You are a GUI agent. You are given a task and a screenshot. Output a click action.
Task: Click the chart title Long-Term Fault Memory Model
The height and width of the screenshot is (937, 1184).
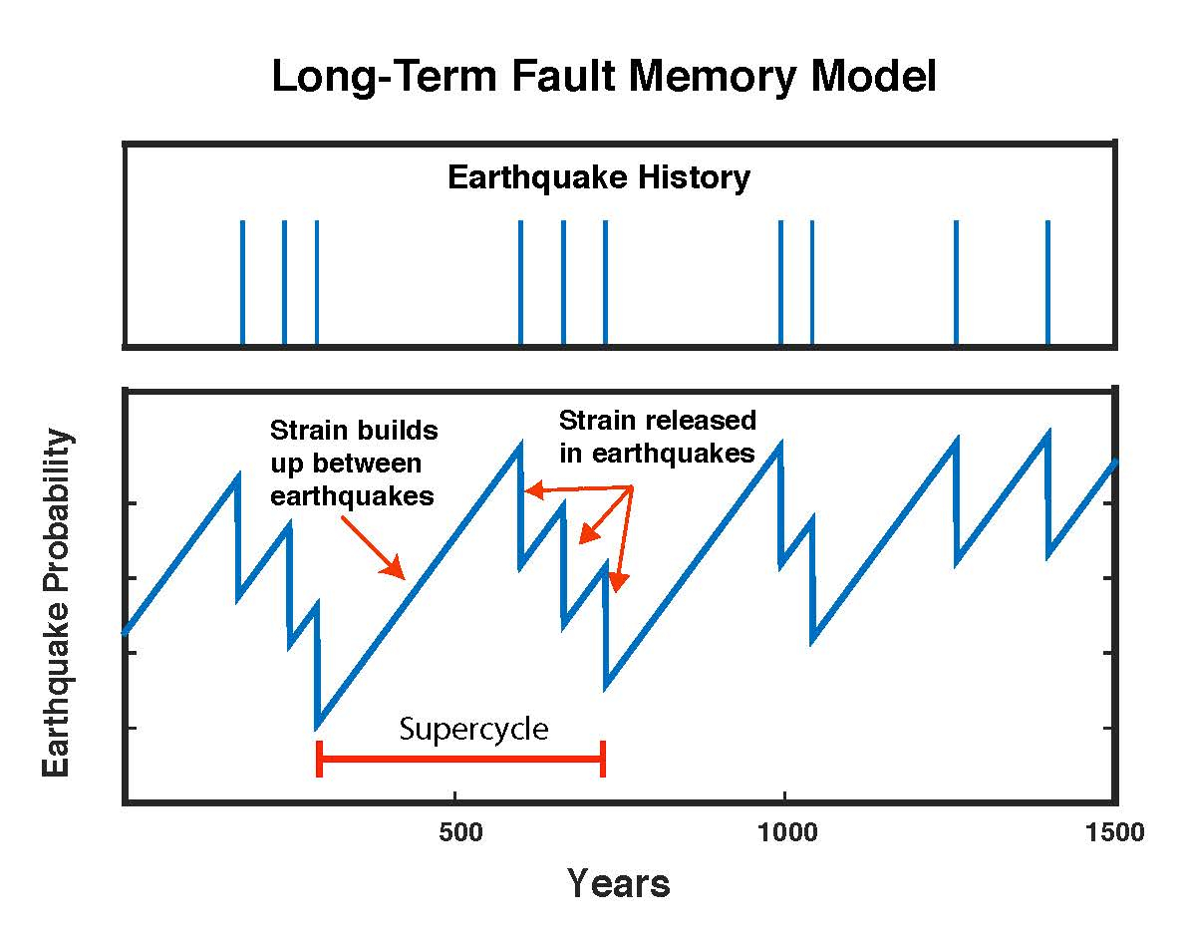(603, 77)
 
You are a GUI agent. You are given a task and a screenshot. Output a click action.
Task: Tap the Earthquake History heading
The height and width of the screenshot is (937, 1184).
(599, 178)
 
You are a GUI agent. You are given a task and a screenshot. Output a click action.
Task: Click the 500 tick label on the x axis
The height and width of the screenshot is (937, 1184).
(459, 832)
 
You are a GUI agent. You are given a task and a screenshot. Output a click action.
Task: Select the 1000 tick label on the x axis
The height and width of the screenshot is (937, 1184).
(787, 832)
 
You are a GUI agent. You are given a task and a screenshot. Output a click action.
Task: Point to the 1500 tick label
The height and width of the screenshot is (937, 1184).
(1115, 832)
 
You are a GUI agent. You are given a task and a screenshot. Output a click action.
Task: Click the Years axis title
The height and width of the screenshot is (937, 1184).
(619, 883)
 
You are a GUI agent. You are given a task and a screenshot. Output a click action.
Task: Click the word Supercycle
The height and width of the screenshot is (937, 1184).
(473, 730)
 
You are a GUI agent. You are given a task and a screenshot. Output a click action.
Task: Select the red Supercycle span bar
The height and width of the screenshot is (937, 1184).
(461, 758)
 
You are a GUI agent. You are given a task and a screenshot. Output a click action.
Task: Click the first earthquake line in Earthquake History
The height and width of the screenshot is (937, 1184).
(242, 282)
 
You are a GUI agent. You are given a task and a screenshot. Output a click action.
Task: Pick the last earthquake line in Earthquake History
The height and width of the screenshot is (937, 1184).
(1047, 282)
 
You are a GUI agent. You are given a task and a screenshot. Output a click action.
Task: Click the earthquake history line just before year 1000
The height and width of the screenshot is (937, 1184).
(780, 282)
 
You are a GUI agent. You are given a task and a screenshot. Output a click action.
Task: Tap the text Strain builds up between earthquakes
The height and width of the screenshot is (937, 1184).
(354, 463)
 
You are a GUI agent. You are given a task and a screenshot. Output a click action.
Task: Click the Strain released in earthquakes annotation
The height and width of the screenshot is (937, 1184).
(657, 437)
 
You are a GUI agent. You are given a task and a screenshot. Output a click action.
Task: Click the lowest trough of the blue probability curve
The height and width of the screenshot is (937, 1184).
(317, 728)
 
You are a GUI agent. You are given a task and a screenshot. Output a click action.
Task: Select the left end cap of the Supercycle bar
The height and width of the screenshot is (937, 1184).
(319, 759)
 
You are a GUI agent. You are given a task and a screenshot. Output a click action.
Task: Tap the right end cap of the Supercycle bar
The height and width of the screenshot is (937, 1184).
(603, 759)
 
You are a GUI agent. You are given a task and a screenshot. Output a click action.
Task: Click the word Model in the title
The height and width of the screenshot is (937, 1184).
(873, 77)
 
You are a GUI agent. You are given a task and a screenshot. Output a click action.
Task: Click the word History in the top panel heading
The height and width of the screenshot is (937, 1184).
(694, 178)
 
